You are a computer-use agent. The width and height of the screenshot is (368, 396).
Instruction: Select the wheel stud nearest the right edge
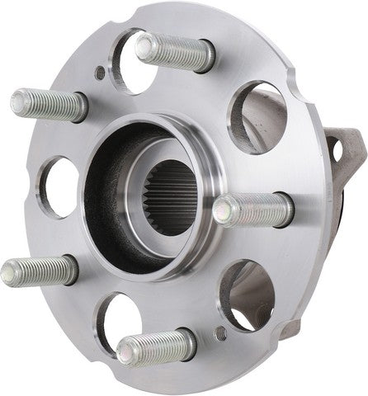252,209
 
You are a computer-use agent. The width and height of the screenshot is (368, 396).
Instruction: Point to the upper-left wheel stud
48,104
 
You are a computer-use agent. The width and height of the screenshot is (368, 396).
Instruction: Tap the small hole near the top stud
100,73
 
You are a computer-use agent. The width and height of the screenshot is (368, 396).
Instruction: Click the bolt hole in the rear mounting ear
335,149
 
